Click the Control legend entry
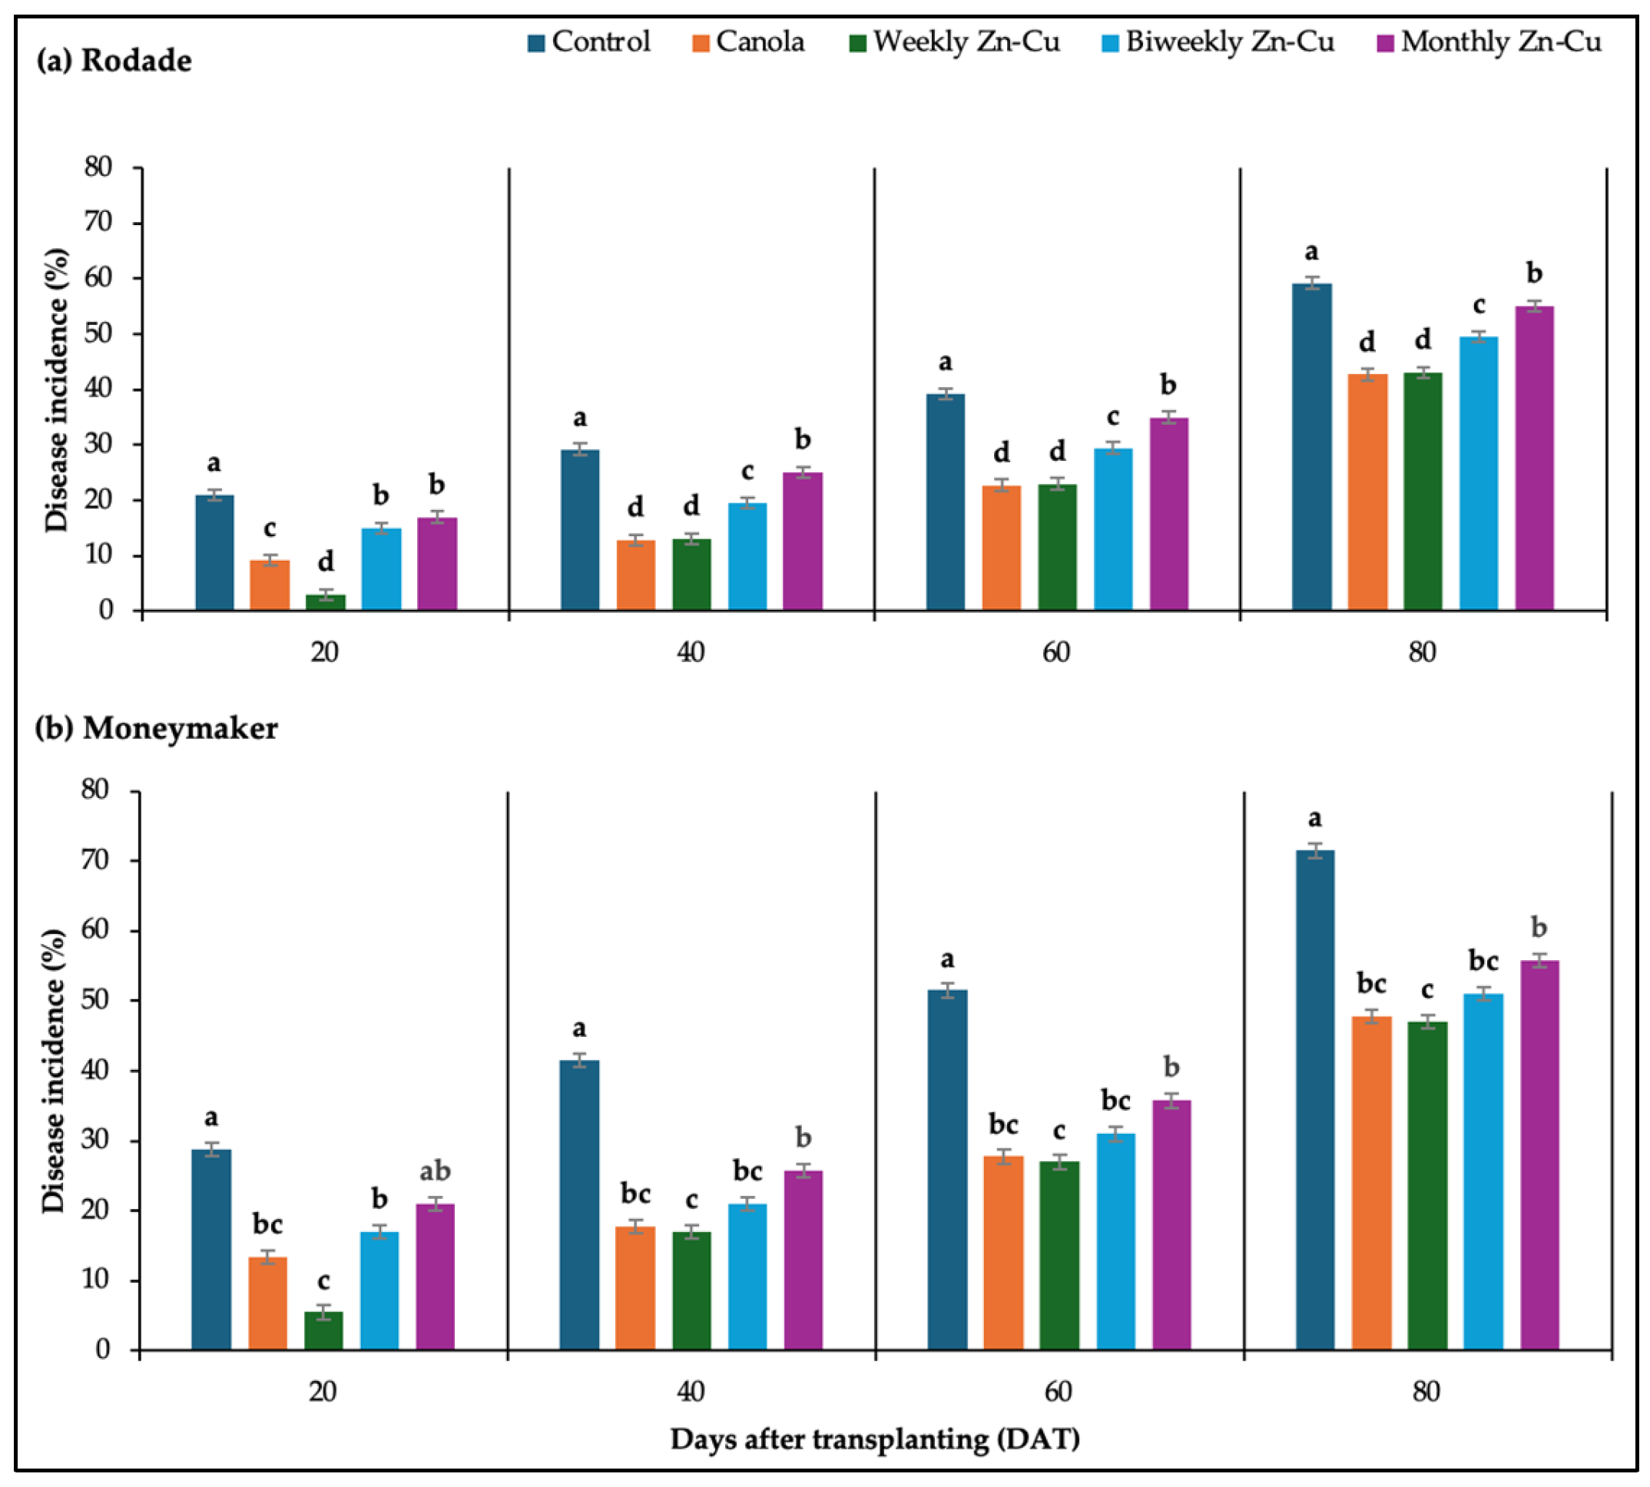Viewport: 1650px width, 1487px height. pyautogui.click(x=589, y=41)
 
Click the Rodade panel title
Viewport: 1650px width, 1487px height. pyautogui.click(x=114, y=61)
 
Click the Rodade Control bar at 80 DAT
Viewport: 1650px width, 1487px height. pyautogui.click(x=1312, y=447)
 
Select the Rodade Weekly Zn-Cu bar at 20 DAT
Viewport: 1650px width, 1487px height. pyautogui.click(x=325, y=602)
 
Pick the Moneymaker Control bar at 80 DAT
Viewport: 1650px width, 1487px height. pyautogui.click(x=1315, y=1101)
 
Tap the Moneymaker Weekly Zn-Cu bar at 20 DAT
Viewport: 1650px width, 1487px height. pyautogui.click(x=323, y=1331)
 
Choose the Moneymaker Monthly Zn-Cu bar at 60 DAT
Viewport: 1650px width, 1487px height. pyautogui.click(x=1172, y=1226)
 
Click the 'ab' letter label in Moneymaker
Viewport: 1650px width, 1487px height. pyautogui.click(x=435, y=1171)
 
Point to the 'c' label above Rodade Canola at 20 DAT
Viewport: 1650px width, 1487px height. pyautogui.click(x=270, y=528)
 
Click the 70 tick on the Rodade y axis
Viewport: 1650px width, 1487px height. pyautogui.click(x=98, y=222)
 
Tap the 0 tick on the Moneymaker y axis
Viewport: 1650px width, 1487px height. pyautogui.click(x=102, y=1350)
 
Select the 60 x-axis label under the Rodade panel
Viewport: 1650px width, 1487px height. pyautogui.click(x=1056, y=651)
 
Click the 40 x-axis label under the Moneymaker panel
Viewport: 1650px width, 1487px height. pyautogui.click(x=691, y=1390)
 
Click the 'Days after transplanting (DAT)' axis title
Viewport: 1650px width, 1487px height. pyautogui.click(x=875, y=1439)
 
